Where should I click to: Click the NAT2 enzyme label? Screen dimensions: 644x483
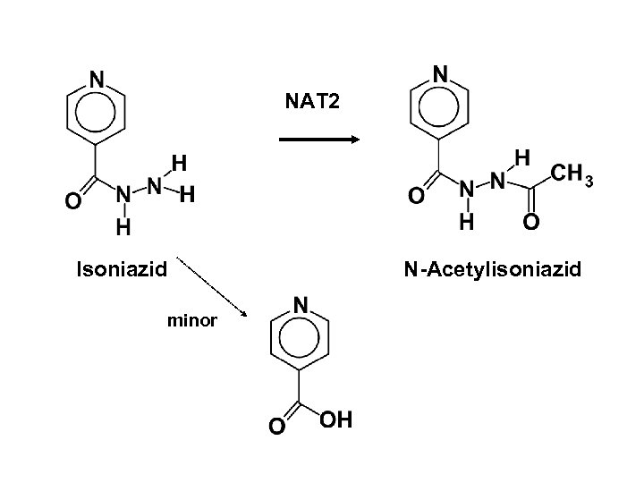point(313,102)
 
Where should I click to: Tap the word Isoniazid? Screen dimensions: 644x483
point(123,267)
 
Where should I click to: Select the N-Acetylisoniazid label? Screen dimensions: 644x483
point(492,268)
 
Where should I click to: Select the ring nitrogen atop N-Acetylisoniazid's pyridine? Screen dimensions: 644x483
point(440,72)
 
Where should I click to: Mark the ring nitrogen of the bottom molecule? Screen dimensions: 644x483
point(302,306)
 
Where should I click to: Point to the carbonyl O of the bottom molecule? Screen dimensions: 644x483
point(277,428)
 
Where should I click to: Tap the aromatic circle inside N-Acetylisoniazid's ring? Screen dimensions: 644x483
point(440,106)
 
